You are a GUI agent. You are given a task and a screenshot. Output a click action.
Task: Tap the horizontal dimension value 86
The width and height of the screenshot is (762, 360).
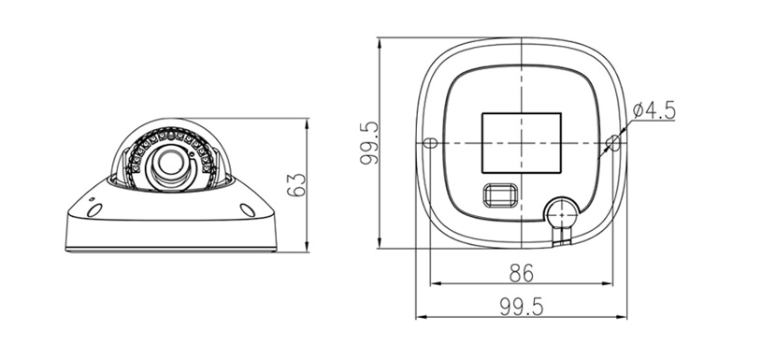(520, 273)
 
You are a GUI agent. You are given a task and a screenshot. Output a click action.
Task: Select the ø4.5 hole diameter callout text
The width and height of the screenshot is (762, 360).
(654, 110)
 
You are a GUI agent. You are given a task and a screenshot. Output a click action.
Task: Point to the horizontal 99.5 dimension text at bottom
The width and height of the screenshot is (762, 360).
(520, 305)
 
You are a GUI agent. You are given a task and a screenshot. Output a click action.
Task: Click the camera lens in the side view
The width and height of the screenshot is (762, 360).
(171, 164)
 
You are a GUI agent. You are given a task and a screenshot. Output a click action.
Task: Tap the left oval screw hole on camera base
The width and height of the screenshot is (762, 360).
(93, 210)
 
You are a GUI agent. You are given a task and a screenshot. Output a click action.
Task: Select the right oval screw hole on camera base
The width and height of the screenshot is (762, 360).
(249, 210)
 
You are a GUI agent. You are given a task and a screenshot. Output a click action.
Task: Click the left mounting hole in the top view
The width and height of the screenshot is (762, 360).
(430, 143)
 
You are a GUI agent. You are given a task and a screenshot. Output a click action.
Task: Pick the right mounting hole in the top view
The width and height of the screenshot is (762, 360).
(612, 142)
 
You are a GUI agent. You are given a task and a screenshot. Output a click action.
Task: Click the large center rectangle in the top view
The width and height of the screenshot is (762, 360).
(521, 142)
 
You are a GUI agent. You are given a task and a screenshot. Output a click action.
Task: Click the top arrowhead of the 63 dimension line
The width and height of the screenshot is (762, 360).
(308, 122)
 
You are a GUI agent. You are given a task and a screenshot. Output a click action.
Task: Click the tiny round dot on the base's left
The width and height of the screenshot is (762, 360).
(91, 197)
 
